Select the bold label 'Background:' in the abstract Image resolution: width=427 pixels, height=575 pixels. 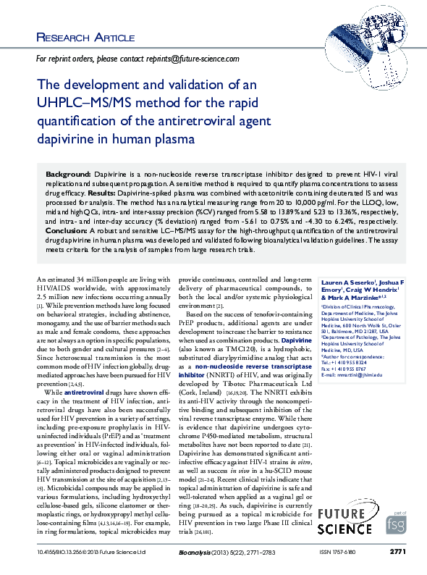68,175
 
